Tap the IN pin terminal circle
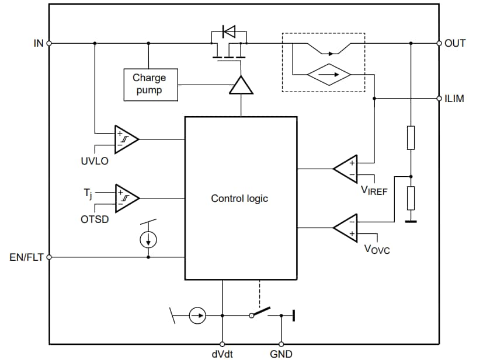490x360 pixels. point(49,43)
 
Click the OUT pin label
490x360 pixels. point(455,43)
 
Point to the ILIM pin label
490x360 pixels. point(454,99)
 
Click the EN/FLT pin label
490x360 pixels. point(26,257)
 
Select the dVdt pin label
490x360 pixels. point(222,354)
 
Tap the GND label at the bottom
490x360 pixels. point(281,354)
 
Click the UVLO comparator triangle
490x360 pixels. point(125,139)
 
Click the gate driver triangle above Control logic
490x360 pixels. point(241,86)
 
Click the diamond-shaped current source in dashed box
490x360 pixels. point(328,75)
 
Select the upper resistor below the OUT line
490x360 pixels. point(411,137)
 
